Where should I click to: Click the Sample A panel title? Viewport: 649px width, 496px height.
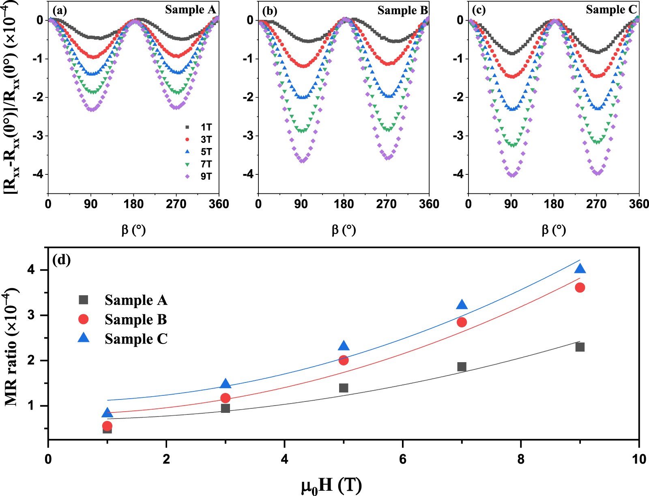coord(190,10)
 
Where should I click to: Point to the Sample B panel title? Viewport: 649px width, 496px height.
coord(402,11)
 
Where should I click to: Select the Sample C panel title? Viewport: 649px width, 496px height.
coord(611,10)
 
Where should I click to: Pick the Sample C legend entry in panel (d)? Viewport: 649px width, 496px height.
coord(136,339)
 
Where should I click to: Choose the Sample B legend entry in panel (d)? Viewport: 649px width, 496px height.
coord(135,320)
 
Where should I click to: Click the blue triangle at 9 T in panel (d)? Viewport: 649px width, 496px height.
coord(580,269)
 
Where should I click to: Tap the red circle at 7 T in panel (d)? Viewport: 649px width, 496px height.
coord(462,322)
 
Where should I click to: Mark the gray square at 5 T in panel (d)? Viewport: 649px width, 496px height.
coord(344,388)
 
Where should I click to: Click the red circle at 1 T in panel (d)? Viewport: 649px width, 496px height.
coord(107,426)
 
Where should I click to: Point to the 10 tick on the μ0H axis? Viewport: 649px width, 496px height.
coord(639,459)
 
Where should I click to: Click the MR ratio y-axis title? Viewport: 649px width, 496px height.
coord(11,347)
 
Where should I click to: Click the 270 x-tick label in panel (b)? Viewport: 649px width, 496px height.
coord(386,204)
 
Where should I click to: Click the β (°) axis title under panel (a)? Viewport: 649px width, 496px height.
coord(133,230)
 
